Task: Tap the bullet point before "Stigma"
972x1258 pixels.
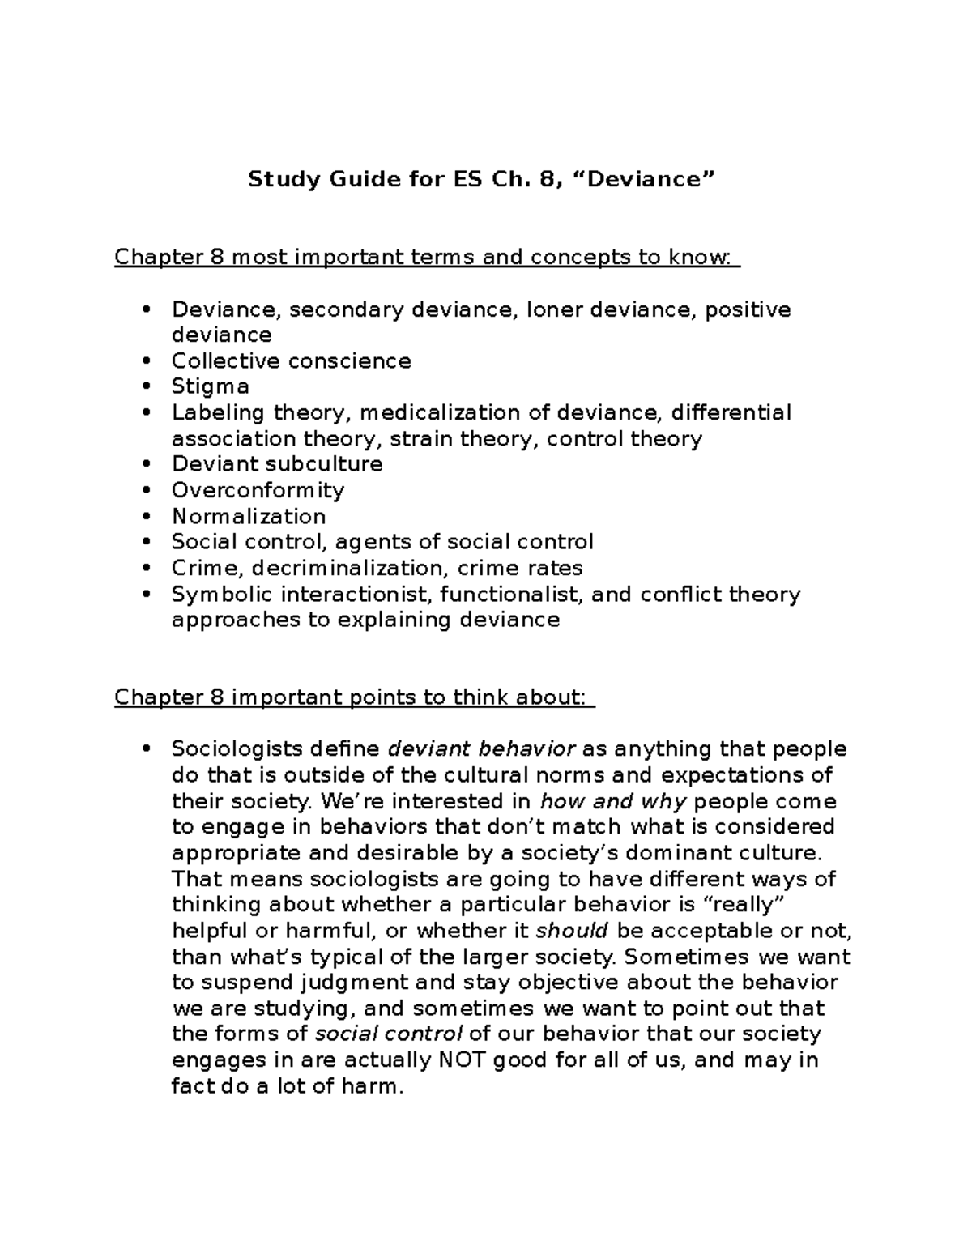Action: tap(146, 386)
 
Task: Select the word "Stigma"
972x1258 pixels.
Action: tap(210, 386)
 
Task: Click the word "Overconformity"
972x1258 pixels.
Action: tap(258, 490)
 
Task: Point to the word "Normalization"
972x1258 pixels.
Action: tap(249, 516)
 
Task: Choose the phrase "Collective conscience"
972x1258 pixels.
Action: tap(291, 360)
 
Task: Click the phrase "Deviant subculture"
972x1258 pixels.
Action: tap(277, 464)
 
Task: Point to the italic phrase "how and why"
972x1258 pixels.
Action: tap(613, 801)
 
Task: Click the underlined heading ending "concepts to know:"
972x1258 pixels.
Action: tap(426, 257)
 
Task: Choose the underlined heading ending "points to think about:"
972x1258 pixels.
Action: tap(354, 697)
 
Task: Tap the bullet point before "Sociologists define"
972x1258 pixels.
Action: tap(146, 749)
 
